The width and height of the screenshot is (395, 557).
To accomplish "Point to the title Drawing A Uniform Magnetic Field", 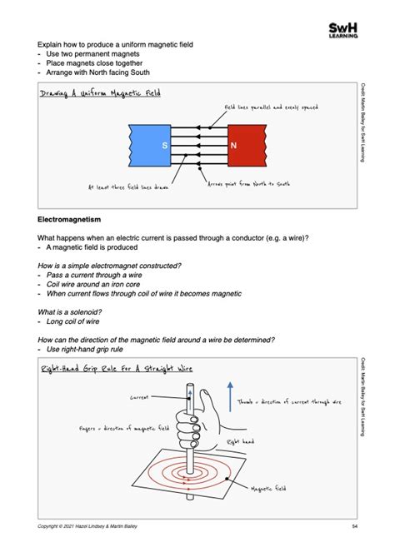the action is click(x=99, y=93).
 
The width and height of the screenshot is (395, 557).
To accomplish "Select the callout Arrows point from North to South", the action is click(x=247, y=183).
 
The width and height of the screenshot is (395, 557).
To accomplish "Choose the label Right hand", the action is click(x=241, y=441).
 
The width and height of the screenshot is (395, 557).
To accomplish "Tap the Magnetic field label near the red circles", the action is click(x=268, y=490).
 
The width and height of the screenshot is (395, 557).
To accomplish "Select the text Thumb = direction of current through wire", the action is click(x=289, y=401).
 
